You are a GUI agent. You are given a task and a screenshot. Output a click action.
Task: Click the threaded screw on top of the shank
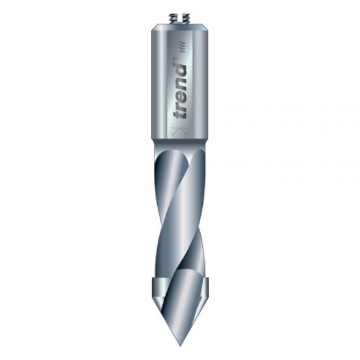click(180, 19)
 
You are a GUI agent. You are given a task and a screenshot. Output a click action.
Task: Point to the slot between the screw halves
click(180, 19)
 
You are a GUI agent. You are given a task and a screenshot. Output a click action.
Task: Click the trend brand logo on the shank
click(179, 89)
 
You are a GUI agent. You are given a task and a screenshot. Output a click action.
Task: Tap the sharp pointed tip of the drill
click(180, 344)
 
